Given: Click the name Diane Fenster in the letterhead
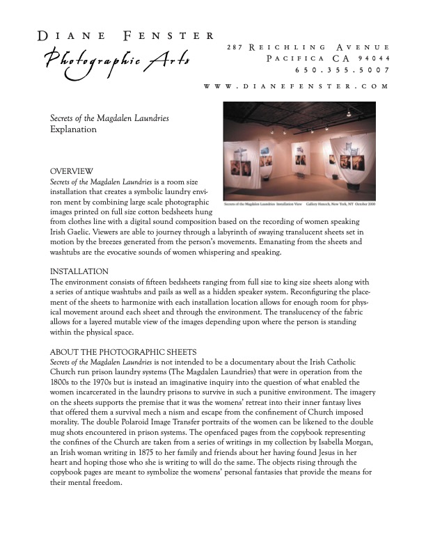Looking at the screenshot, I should (x=126, y=35).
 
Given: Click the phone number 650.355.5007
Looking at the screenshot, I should (x=342, y=70).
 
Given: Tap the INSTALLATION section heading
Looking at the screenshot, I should (x=79, y=271).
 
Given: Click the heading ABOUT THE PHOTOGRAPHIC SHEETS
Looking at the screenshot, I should (x=123, y=351).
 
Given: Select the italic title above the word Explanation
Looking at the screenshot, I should (x=109, y=119).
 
